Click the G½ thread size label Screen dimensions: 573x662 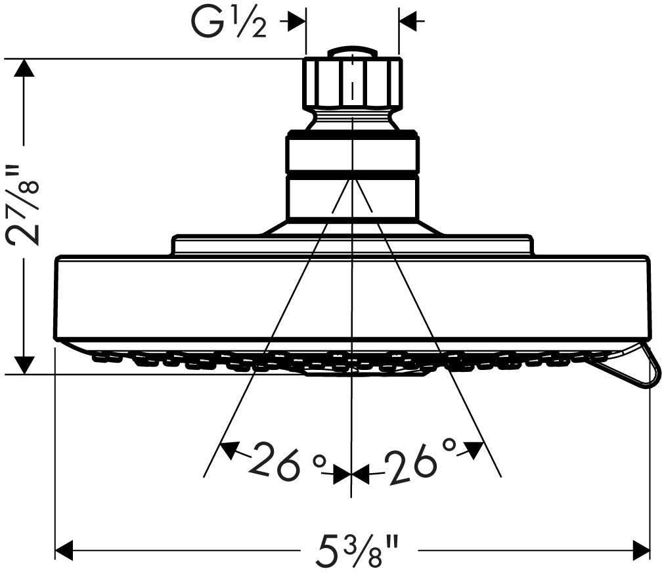230,23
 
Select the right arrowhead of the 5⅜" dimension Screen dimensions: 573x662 640,549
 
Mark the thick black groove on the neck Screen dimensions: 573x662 352,175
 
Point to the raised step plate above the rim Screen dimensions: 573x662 352,245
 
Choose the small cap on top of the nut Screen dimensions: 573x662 352,52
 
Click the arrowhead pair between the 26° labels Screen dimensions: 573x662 351,472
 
